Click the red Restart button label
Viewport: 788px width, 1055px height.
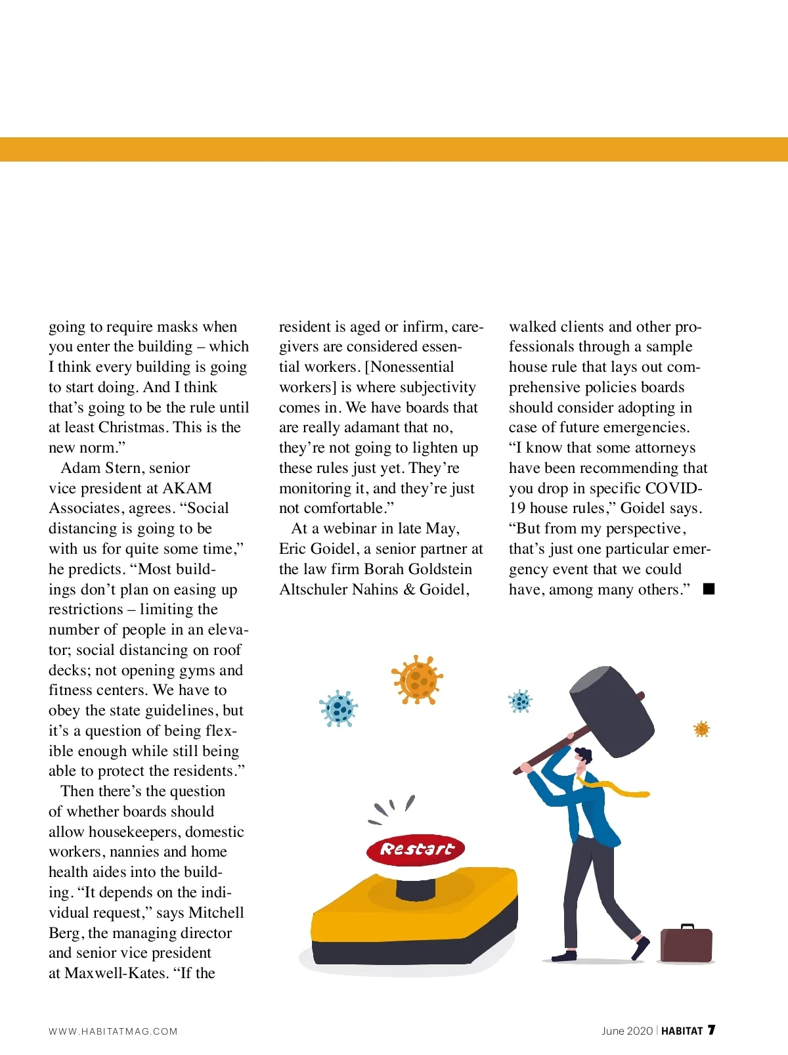[x=416, y=849]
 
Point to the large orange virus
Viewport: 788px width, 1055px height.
[x=417, y=679]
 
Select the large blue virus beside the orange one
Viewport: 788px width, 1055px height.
[x=339, y=708]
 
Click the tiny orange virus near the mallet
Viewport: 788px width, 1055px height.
[x=701, y=729]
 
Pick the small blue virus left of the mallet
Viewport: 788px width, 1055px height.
[x=520, y=701]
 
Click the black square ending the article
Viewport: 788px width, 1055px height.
[x=709, y=589]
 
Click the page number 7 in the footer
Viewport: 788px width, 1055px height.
[x=711, y=1030]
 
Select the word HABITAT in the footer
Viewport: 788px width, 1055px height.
[x=682, y=1031]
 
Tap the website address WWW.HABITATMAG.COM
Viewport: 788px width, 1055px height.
[x=113, y=1031]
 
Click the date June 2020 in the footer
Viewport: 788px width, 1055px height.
[x=627, y=1031]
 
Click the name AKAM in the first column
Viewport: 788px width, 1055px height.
[x=187, y=488]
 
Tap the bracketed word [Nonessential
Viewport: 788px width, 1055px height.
[x=410, y=367]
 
